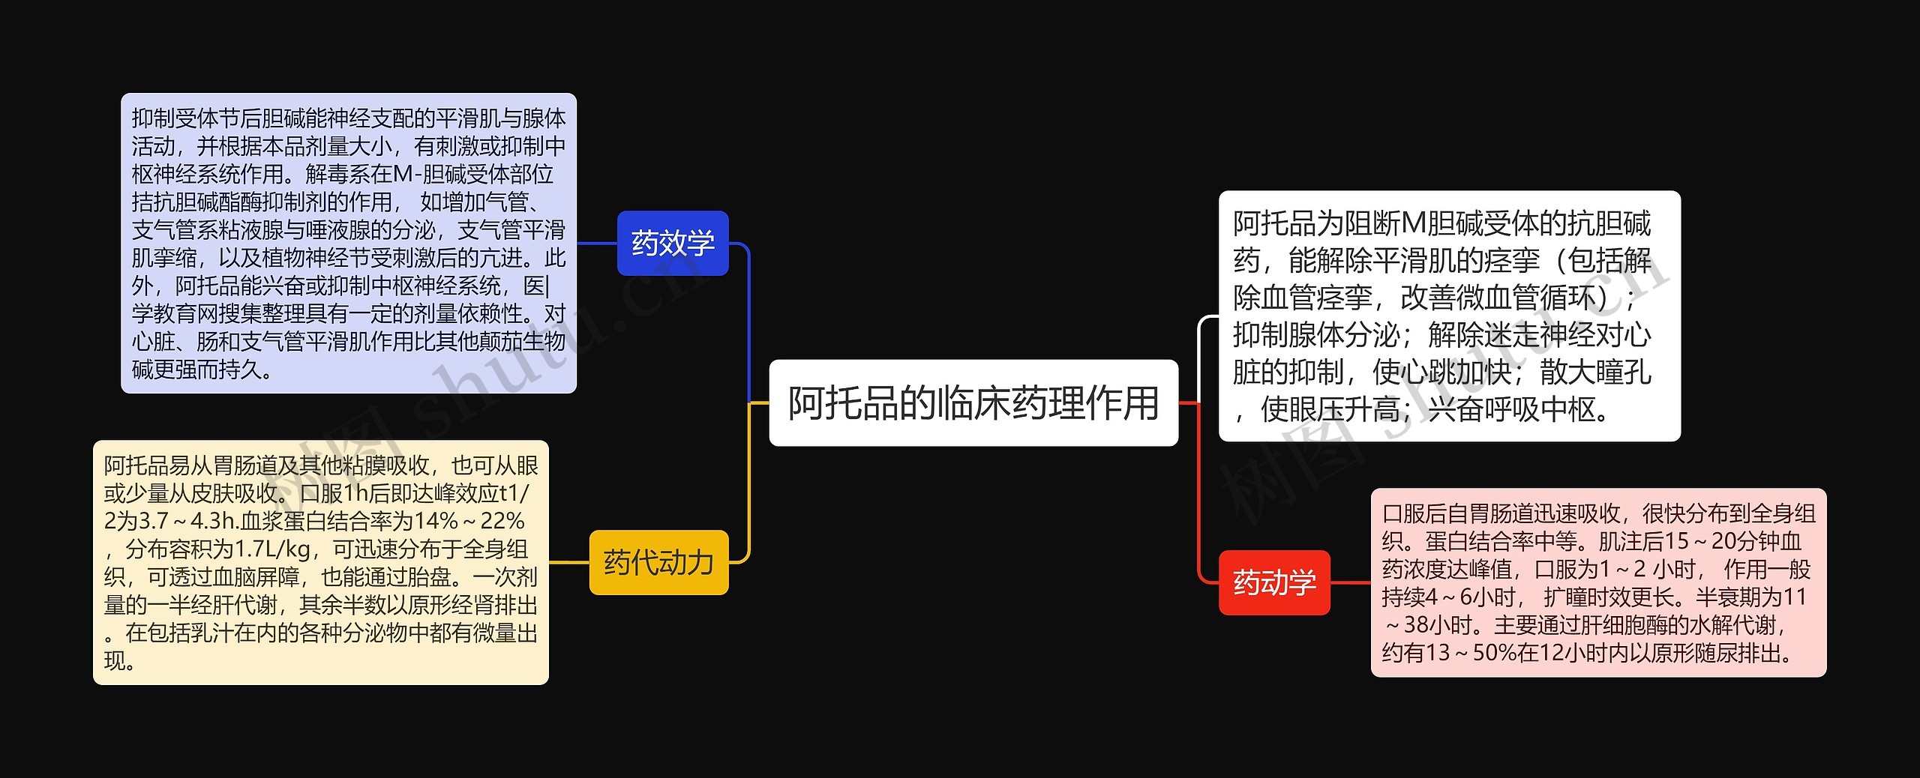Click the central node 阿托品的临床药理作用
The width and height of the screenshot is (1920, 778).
[x=973, y=403]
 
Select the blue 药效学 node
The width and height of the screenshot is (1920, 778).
[x=673, y=243]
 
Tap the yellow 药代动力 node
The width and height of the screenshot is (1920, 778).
[x=658, y=562]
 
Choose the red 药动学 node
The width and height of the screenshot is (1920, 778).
[x=1274, y=582]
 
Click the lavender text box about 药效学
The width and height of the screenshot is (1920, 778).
[x=349, y=243]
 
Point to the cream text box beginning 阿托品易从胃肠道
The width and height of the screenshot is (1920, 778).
[x=321, y=562]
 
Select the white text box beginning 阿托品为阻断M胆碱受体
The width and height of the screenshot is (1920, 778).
[x=1449, y=316]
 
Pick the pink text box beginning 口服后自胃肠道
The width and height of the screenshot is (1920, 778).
[x=1598, y=582]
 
